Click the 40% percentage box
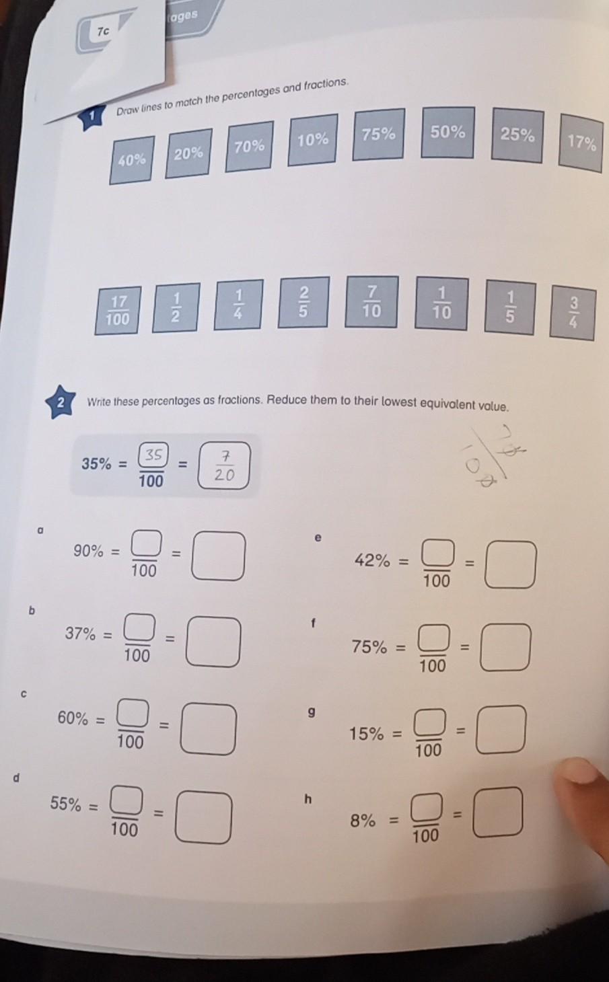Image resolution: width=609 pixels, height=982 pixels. tap(132, 159)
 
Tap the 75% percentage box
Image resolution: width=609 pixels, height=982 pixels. tap(378, 135)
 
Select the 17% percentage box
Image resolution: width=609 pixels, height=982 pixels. tap(581, 143)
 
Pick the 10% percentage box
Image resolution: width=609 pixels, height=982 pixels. tap(313, 140)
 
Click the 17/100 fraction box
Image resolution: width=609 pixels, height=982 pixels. tap(118, 310)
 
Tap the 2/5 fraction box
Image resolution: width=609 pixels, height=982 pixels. tap(303, 302)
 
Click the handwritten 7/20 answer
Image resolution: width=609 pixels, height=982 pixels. tap(225, 465)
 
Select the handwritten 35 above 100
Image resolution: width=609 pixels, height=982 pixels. tap(153, 455)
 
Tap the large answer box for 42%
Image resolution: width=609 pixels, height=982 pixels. tap(511, 565)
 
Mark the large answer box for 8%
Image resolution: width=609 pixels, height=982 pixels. tap(498, 812)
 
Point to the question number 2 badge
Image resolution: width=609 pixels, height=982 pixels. tap(61, 404)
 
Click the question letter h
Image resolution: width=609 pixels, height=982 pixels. tap(308, 800)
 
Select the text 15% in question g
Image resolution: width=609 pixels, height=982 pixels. tap(366, 734)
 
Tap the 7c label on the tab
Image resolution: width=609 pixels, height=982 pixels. tap(103, 32)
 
